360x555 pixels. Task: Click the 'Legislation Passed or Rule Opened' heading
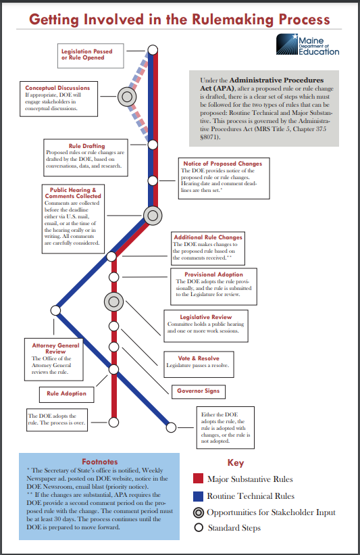(x=86, y=54)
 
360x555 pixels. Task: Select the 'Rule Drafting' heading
(x=86, y=146)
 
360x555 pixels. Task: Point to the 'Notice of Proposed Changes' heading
(x=222, y=164)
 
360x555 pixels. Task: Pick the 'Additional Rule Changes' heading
(x=207, y=237)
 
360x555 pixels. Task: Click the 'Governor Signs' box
(x=197, y=391)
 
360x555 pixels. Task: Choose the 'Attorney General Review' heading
(x=55, y=349)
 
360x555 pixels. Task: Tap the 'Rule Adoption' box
(x=66, y=393)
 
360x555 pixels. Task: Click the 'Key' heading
(x=235, y=463)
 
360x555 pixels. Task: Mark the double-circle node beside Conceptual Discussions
(x=126, y=97)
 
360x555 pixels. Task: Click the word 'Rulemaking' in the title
(x=221, y=20)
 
